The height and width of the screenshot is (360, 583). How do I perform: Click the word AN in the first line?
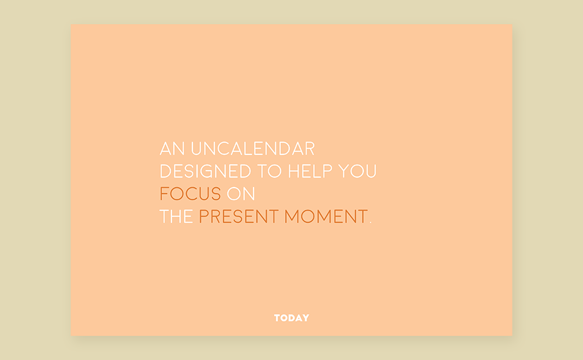click(172, 149)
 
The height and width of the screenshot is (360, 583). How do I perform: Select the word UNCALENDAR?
click(253, 149)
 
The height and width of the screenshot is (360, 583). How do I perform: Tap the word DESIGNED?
click(205, 171)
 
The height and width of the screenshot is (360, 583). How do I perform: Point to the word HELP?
click(310, 171)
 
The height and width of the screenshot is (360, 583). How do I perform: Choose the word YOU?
click(357, 171)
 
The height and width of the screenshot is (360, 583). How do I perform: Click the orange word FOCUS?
click(191, 194)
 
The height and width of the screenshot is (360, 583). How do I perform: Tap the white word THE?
click(176, 216)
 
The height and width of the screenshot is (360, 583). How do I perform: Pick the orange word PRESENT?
click(238, 216)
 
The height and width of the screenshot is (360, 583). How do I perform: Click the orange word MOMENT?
click(326, 216)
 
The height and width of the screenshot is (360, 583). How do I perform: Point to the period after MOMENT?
click(370, 222)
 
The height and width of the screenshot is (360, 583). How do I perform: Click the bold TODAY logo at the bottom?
click(291, 317)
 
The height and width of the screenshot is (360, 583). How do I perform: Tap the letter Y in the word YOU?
click(345, 171)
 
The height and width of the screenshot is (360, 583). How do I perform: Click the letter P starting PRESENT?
click(203, 216)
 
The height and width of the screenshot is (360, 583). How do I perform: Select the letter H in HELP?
click(294, 171)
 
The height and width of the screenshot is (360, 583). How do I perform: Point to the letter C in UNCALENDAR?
click(223, 149)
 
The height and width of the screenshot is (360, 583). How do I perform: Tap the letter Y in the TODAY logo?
click(305, 317)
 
